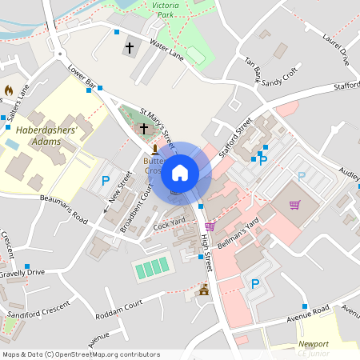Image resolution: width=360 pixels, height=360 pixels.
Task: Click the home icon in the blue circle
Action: [x=180, y=172]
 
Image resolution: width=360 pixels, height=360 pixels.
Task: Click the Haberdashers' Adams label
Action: [x=46, y=135]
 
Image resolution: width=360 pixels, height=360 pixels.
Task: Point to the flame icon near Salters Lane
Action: [x=9, y=90]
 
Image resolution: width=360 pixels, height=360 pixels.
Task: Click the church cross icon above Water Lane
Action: [x=129, y=49]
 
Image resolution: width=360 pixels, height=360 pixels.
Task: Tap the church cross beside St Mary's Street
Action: [x=144, y=128]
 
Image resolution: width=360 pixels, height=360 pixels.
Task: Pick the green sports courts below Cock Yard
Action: [x=152, y=267]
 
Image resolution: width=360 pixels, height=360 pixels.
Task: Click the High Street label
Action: [x=206, y=248]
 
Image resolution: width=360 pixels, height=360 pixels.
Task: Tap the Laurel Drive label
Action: [x=336, y=48]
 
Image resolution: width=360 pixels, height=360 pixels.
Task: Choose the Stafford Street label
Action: [x=234, y=134]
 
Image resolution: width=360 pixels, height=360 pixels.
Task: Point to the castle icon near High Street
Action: [x=203, y=290]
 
